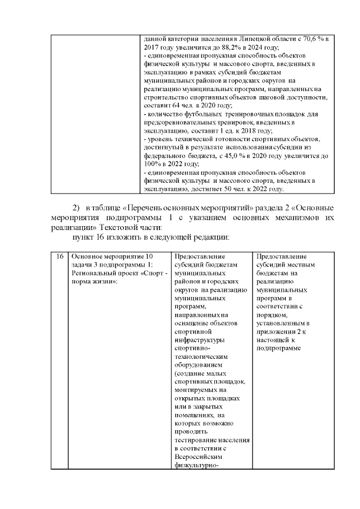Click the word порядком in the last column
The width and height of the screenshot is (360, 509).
click(271, 315)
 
